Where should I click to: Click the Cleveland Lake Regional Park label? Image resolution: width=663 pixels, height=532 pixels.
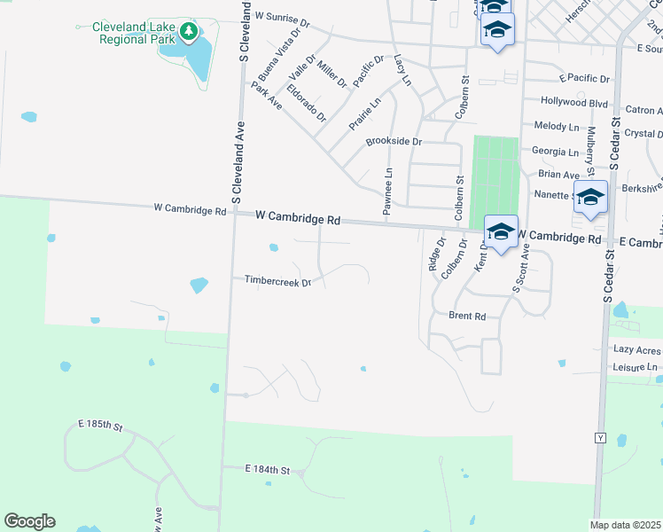click(x=134, y=33)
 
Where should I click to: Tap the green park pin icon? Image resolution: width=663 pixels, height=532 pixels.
click(x=188, y=33)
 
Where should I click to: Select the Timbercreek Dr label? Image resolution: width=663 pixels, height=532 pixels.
click(x=278, y=282)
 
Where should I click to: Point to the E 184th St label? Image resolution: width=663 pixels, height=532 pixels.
click(x=267, y=469)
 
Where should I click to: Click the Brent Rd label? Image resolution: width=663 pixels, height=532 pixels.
click(x=467, y=316)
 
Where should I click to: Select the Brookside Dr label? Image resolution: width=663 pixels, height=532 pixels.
click(x=394, y=142)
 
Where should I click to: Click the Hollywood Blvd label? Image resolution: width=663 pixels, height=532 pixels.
click(x=573, y=102)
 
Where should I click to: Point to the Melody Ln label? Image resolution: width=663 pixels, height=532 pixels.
click(x=555, y=127)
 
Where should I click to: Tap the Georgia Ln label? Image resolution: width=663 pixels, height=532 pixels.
click(x=554, y=152)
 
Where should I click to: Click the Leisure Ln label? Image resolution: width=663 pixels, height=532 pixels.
click(x=635, y=366)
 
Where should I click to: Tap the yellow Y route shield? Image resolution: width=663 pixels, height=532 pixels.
click(x=600, y=438)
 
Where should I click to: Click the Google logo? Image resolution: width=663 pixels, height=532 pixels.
click(x=29, y=521)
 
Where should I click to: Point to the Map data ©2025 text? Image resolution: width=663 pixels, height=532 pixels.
click(x=625, y=525)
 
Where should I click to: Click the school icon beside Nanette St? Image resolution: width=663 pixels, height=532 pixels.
click(x=590, y=198)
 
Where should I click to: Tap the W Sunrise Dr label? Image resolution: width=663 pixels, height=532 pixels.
click(x=281, y=16)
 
